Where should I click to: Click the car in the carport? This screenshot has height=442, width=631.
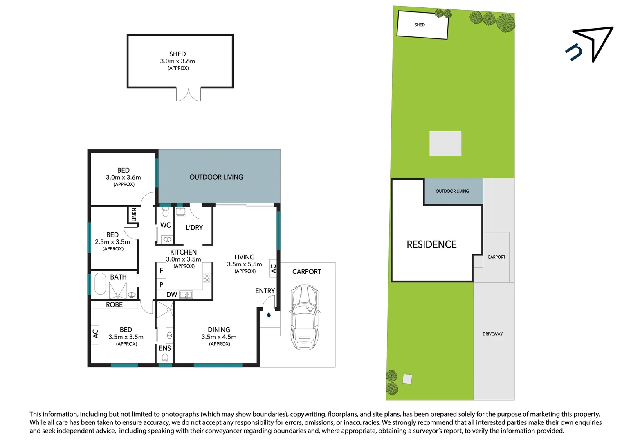click(304, 317)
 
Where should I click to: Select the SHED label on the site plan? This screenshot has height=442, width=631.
click(420, 25)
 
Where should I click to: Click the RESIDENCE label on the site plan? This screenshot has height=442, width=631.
click(431, 244)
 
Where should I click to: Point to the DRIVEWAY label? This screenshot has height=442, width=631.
click(492, 334)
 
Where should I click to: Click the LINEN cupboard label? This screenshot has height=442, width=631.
click(134, 214)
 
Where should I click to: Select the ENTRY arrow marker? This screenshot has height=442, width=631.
click(269, 315)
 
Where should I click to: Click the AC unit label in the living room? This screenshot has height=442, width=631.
click(273, 268)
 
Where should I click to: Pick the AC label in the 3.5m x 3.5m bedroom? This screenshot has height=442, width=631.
click(95, 334)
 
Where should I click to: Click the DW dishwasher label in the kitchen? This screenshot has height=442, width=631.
click(172, 295)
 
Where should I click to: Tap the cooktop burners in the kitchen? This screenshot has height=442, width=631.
click(207, 278)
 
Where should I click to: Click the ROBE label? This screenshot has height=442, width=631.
click(114, 305)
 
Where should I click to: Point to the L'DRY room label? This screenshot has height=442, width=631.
click(194, 228)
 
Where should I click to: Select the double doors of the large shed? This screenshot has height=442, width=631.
click(189, 94)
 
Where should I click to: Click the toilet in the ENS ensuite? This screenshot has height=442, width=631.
click(165, 358)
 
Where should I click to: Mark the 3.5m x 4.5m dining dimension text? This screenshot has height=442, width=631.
click(219, 337)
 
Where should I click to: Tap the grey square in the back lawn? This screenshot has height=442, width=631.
click(445, 143)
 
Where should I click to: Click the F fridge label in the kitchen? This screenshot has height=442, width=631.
click(161, 271)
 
